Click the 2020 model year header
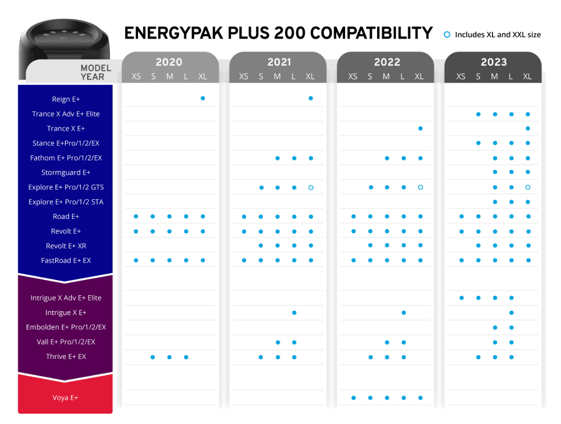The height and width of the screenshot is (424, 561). (x=169, y=62)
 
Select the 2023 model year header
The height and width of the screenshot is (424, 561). (x=493, y=62)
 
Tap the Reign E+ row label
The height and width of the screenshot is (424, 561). (x=66, y=99)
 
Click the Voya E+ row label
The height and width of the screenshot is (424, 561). (x=66, y=398)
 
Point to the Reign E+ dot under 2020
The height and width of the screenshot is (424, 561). (x=203, y=99)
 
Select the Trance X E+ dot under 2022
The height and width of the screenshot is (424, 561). (x=420, y=128)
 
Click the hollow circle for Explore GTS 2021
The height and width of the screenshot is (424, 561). (x=311, y=187)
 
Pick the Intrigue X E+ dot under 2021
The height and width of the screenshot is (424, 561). (x=294, y=313)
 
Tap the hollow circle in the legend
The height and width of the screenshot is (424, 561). (x=447, y=35)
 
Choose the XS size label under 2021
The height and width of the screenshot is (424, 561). (x=244, y=76)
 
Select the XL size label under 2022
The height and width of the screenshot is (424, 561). (x=419, y=76)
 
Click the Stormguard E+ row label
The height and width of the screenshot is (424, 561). (x=66, y=173)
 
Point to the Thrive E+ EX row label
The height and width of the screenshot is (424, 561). (x=66, y=356)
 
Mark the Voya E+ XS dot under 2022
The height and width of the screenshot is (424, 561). (x=353, y=398)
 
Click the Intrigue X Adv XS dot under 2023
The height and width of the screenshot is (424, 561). (x=461, y=298)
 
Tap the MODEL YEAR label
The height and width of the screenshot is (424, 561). (x=96, y=72)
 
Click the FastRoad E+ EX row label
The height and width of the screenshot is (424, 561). (x=66, y=260)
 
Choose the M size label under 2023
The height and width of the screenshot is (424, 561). (x=494, y=76)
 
